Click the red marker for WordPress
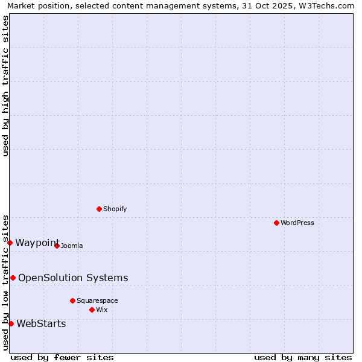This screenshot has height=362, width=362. (276, 223)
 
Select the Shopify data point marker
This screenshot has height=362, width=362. (99, 209)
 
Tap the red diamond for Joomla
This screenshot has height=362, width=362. (57, 246)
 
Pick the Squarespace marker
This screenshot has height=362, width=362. (72, 300)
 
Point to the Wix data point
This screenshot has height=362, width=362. (92, 310)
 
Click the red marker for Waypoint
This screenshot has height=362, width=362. (10, 243)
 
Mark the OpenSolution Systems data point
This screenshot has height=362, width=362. (13, 278)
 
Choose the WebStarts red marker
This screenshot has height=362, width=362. (11, 323)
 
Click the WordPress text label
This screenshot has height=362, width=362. (297, 223)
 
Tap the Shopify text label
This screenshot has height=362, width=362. (115, 209)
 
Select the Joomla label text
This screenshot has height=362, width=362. (71, 246)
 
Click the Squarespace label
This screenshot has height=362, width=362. (97, 300)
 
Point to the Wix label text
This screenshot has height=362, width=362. (101, 310)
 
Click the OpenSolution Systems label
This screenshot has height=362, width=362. (73, 278)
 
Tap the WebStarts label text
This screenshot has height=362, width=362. (41, 323)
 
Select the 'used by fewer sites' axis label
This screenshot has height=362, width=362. (62, 357)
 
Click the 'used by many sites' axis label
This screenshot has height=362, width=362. (303, 357)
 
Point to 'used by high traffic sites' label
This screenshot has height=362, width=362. (5, 86)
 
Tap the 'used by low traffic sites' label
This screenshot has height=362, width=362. (5, 282)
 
